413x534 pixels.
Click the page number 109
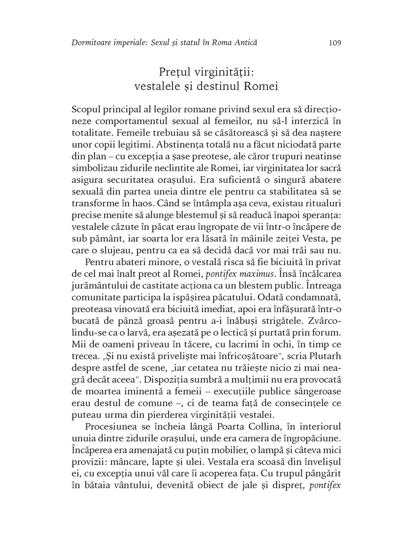click(335, 43)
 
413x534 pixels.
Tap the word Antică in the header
click(246, 43)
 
